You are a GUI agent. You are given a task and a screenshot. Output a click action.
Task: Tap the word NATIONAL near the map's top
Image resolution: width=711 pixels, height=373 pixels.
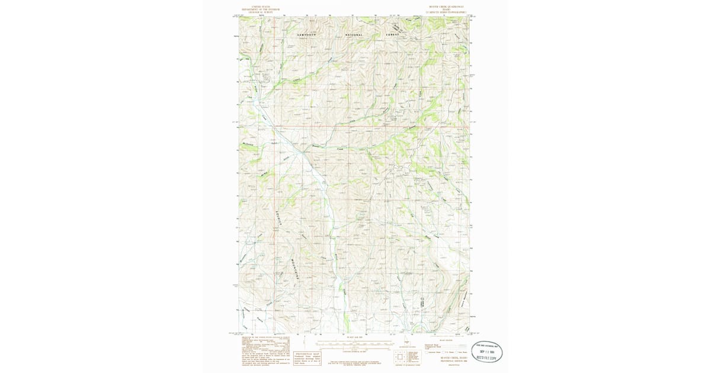pos(354,35)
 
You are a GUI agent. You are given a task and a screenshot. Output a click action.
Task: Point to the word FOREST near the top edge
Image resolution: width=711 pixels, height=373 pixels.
pos(394,35)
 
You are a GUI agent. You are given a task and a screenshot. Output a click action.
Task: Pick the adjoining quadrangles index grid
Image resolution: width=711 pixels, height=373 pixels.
pos(401,357)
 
